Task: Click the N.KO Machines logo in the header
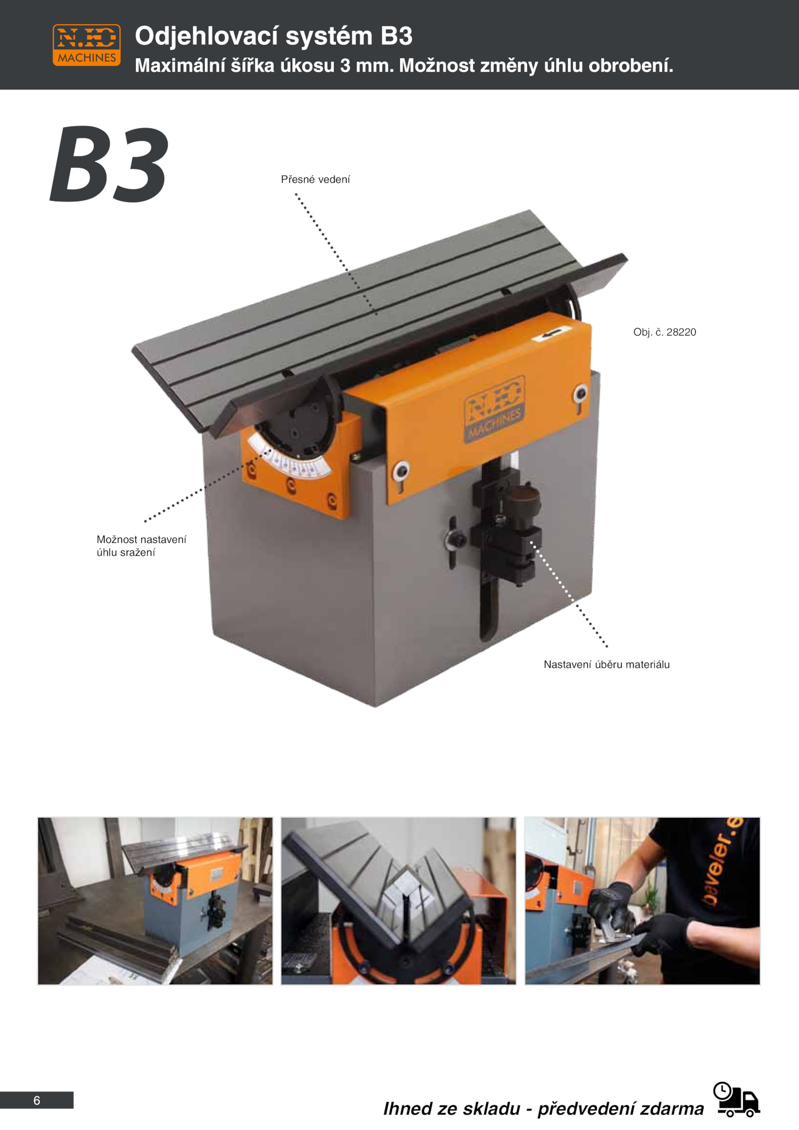click(x=86, y=45)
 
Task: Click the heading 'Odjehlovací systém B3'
click(x=274, y=36)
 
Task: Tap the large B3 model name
click(x=109, y=165)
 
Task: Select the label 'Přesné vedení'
click(x=315, y=179)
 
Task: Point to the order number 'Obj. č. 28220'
click(x=665, y=332)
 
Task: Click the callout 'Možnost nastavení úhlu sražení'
click(x=141, y=546)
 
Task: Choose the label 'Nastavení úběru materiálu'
click(x=607, y=665)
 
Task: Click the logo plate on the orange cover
click(x=494, y=409)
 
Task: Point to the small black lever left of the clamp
click(x=453, y=541)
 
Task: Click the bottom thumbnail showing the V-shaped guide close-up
click(x=399, y=901)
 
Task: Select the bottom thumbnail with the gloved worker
click(x=642, y=901)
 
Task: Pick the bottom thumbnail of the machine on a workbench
click(x=155, y=901)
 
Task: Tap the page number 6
click(x=36, y=1101)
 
